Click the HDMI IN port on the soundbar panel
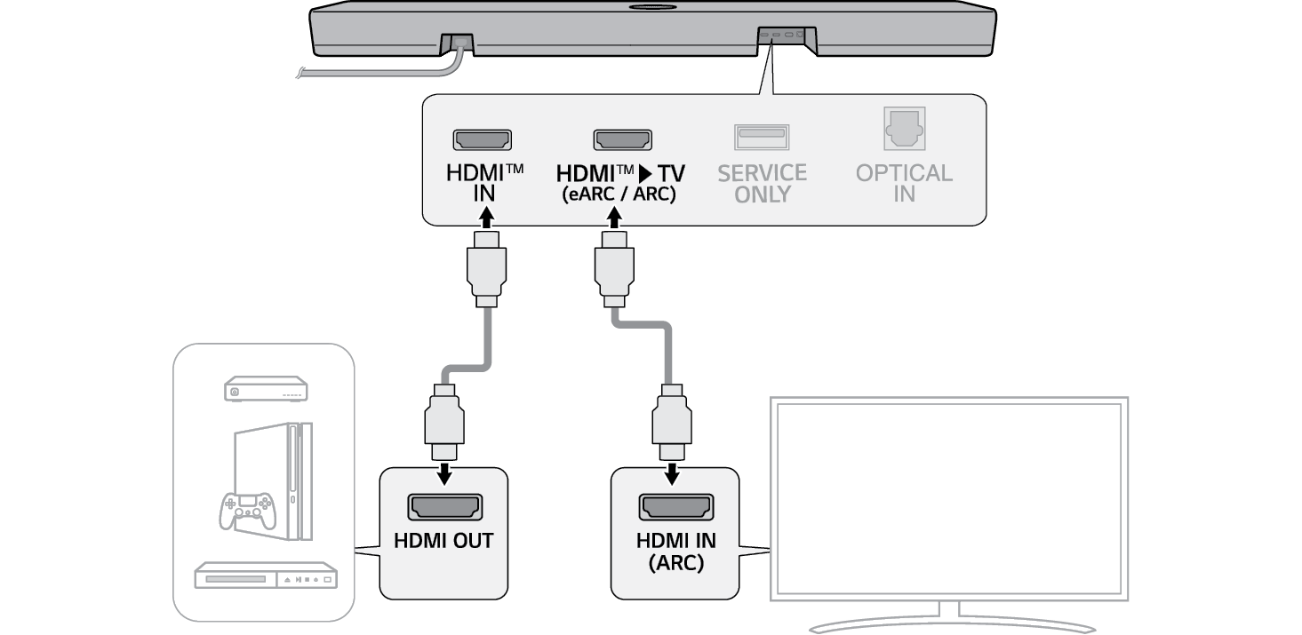[x=483, y=139]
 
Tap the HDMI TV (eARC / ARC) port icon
[x=623, y=139]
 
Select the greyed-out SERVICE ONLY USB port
[x=762, y=137]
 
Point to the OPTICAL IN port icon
[x=904, y=130]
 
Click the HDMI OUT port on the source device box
[x=443, y=506]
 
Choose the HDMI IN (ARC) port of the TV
[x=675, y=507]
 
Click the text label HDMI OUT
[x=443, y=541]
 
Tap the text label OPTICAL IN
[x=904, y=183]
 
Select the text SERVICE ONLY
[x=762, y=183]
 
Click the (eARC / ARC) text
[x=619, y=194]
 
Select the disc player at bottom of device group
[x=266, y=576]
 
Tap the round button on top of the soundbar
[x=652, y=8]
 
